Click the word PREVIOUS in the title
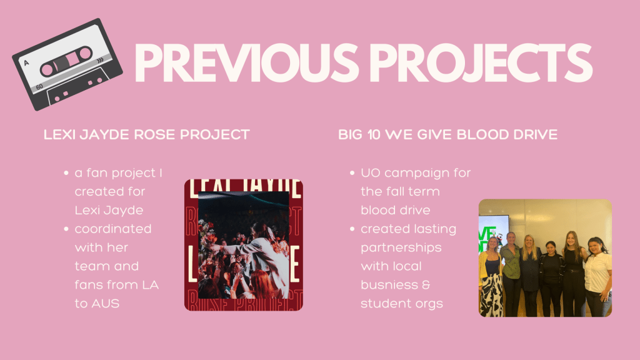[246, 62]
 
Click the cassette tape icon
[67, 64]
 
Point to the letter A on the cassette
[26, 63]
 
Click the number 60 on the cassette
[39, 86]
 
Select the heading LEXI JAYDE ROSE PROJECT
[146, 134]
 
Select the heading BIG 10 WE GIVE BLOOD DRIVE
[447, 134]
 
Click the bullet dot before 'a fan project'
[66, 173]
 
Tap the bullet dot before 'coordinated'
[66, 229]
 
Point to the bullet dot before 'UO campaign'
[352, 173]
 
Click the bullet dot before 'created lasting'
[352, 229]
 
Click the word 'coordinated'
[113, 229]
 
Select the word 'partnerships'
[401, 248]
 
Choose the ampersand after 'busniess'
[426, 284]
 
